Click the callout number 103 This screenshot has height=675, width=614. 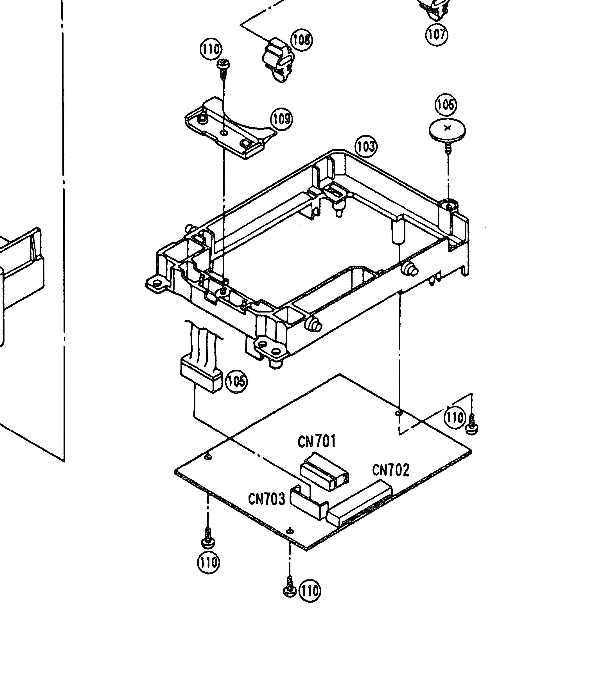(x=366, y=147)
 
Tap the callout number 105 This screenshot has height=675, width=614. (x=236, y=381)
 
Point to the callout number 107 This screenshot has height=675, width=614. (x=437, y=34)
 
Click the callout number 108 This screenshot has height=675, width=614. (x=301, y=40)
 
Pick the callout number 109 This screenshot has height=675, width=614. (x=281, y=119)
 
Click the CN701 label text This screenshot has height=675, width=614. (x=316, y=442)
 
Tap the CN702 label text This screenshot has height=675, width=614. (x=390, y=470)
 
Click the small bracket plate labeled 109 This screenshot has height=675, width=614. (x=228, y=129)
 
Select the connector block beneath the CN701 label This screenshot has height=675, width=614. (x=324, y=472)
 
